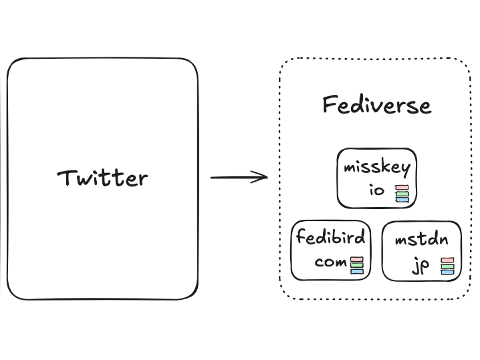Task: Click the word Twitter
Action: tap(102, 178)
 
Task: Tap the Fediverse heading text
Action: tap(376, 106)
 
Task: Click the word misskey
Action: tap(377, 167)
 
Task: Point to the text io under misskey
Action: tap(377, 190)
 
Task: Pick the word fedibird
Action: tap(331, 237)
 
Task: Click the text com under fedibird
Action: tap(330, 262)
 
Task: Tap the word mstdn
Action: tap(421, 239)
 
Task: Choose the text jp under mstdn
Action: tap(421, 266)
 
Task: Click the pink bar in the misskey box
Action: tap(401, 187)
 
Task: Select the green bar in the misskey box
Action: tap(401, 193)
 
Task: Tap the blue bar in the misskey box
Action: tap(401, 199)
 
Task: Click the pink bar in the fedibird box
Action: tap(357, 259)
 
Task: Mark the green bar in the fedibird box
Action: tap(357, 265)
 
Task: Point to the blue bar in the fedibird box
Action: tap(357, 271)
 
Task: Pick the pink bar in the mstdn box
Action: tap(447, 260)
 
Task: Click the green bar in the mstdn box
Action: tap(447, 266)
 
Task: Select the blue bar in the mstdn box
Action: tap(447, 273)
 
